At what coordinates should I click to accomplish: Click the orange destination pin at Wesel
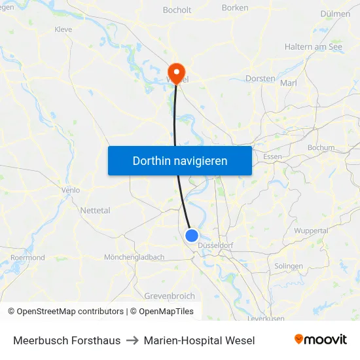coord(176,71)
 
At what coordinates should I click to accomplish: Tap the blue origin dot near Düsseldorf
coord(192,236)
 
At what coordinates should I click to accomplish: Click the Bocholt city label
coord(177,10)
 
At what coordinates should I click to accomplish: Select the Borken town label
coord(235,8)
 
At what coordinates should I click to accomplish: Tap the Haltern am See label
coord(313,47)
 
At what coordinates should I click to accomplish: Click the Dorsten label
coord(260,79)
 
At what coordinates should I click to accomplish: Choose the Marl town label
coord(288,83)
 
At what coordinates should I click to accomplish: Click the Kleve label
coord(63,29)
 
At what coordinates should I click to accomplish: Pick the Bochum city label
coord(321,148)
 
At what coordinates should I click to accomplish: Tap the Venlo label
coord(70,190)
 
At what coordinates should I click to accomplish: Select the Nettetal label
coord(95,210)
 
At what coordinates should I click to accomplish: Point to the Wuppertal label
coord(311,231)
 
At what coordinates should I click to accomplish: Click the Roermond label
coord(28,258)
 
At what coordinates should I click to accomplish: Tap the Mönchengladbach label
coord(134,257)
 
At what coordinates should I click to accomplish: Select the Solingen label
coord(289,266)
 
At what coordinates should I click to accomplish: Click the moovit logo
coord(321,340)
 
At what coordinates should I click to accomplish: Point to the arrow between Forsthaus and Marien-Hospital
coord(132,340)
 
